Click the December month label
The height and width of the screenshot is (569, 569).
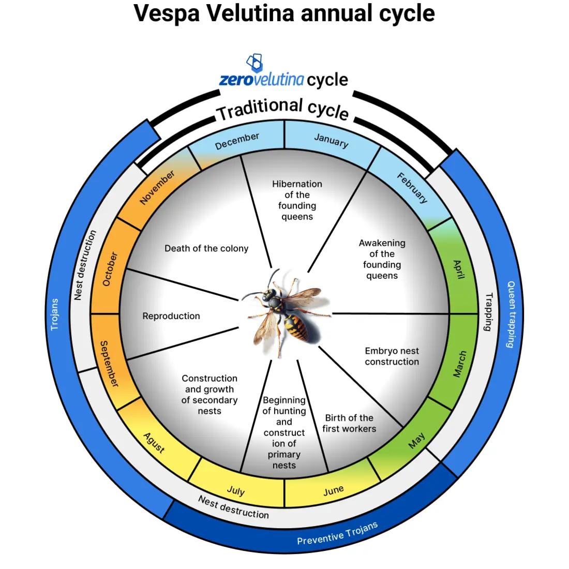[x=237, y=141]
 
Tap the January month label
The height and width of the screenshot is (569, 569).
[x=331, y=140]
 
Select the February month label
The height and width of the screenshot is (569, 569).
[x=412, y=188]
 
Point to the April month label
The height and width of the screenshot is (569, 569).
[x=458, y=269]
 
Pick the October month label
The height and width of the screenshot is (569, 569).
[x=110, y=269]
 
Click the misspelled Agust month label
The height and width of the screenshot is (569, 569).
[x=154, y=443]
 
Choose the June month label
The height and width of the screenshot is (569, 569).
[x=333, y=490]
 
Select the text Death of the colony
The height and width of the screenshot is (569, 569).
[x=206, y=248]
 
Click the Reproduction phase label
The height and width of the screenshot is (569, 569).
[x=171, y=316]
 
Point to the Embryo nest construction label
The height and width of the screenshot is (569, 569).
[x=392, y=356]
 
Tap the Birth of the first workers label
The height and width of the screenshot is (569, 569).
[x=349, y=423]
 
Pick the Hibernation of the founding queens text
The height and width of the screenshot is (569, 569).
[x=297, y=200]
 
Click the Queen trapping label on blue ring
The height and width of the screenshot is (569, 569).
[x=511, y=314]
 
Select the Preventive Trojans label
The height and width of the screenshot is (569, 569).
[x=337, y=534]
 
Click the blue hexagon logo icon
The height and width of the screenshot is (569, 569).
[x=254, y=63]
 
